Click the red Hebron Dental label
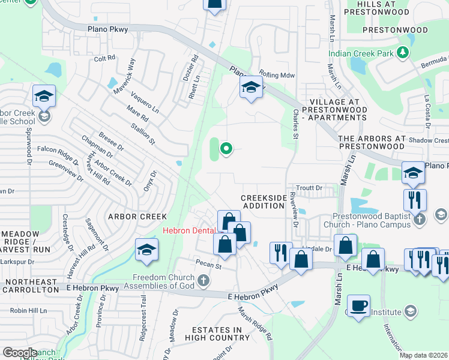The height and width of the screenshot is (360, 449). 190,231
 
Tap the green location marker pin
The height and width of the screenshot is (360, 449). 226,148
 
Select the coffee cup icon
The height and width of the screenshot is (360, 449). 358,305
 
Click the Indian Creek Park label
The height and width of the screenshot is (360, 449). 362,53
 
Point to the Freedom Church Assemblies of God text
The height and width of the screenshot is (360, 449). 163,281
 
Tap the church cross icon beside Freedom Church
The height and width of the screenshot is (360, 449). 204,280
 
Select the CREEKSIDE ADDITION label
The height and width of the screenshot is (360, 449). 263,202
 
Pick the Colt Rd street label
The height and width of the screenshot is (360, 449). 104,59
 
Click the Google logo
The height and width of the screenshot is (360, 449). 20,352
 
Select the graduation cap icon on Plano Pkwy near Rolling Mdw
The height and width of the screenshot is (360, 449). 251,88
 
